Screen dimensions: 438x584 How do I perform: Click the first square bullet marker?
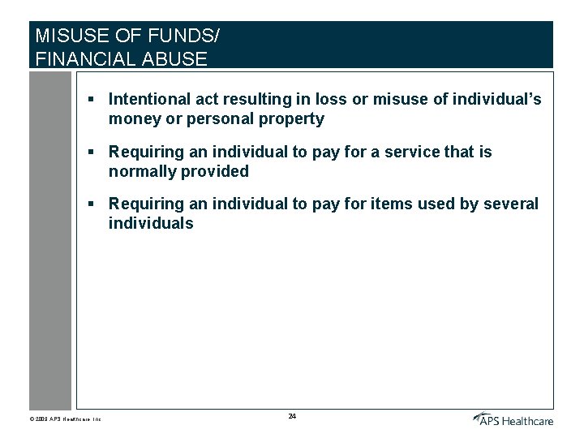(x=92, y=99)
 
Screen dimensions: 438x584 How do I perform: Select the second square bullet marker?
(x=92, y=152)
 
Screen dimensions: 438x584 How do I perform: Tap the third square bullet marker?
(x=92, y=204)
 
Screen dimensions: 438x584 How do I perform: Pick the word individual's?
(x=496, y=99)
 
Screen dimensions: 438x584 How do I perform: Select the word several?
(x=512, y=204)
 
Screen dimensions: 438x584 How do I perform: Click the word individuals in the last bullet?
(x=151, y=224)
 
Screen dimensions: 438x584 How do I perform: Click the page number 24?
(x=292, y=416)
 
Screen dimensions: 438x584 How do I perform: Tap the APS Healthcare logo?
(x=513, y=419)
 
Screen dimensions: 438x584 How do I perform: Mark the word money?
(x=132, y=119)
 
